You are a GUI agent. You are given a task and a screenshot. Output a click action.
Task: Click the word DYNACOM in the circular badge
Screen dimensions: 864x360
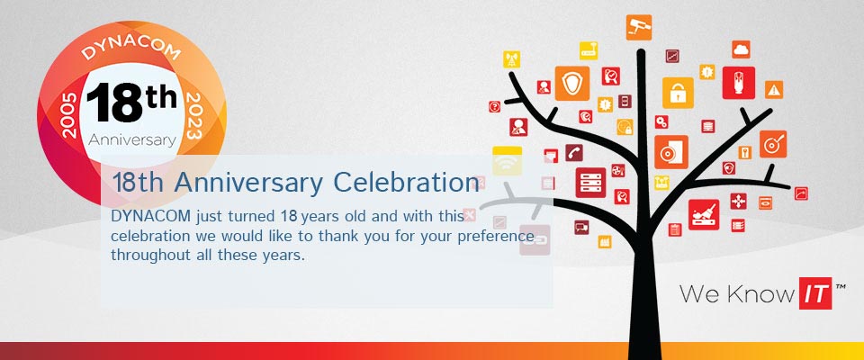point(130,49)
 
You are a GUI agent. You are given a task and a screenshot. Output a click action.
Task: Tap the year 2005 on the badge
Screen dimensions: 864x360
point(69,115)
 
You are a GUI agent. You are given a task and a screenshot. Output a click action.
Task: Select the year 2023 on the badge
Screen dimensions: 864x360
point(194,116)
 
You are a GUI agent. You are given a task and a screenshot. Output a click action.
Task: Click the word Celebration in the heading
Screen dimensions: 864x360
point(406,183)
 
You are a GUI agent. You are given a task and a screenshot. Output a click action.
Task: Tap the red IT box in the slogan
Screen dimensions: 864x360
point(815,292)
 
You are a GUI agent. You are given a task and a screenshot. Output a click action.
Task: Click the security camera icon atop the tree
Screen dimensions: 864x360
point(639,27)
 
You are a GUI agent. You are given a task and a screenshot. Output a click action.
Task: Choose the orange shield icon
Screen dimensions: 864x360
point(572,83)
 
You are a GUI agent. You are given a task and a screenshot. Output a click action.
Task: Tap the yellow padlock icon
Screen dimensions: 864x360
point(678,93)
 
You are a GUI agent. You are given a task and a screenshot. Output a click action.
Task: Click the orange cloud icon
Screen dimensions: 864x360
point(741,49)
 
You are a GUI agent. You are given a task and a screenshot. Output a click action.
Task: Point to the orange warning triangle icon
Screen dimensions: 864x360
point(774,89)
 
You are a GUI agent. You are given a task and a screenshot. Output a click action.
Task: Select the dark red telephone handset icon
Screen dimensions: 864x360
point(573,153)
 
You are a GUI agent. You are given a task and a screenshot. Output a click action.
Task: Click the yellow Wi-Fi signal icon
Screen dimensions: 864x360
point(507,161)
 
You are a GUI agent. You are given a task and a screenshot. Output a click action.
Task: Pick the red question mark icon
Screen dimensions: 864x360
point(495,106)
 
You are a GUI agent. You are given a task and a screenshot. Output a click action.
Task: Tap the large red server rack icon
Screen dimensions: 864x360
point(590,183)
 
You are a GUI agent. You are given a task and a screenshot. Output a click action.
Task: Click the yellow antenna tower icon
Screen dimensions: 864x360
point(511,59)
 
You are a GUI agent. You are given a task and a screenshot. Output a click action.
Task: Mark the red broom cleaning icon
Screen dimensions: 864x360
point(704,214)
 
